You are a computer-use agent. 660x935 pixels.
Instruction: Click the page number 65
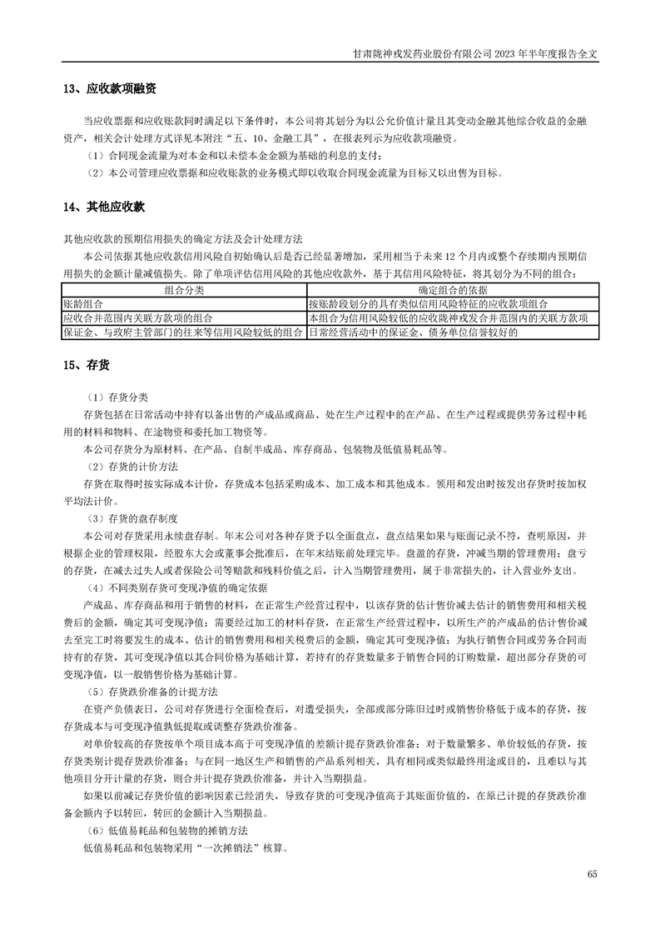click(x=592, y=872)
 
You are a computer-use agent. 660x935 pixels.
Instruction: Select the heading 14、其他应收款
click(x=104, y=207)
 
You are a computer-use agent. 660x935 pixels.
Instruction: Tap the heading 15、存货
click(x=87, y=364)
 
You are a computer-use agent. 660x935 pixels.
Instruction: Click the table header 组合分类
click(x=184, y=290)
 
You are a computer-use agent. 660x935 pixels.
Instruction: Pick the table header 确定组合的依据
click(x=453, y=290)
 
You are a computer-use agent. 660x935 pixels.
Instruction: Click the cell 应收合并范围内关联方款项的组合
click(x=138, y=318)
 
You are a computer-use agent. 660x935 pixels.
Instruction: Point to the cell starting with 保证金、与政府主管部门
click(x=183, y=332)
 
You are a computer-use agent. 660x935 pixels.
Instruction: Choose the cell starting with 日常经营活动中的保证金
click(x=413, y=332)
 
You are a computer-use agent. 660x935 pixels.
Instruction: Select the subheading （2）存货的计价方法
click(x=137, y=465)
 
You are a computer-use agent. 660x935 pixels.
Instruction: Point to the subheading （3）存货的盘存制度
click(x=137, y=517)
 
